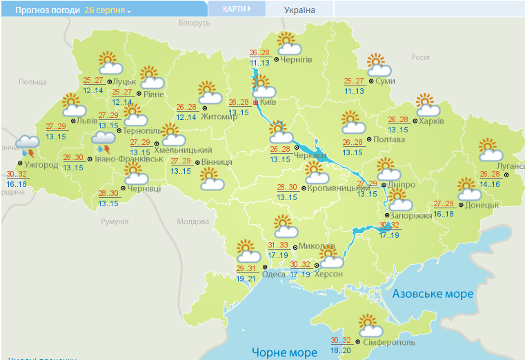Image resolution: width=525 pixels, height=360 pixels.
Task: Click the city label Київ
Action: (x=269, y=102)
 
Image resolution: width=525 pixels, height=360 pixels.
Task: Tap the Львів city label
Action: (x=87, y=121)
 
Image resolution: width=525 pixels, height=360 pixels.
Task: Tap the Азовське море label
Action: (x=433, y=294)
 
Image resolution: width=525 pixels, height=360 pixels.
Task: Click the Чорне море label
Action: (x=284, y=352)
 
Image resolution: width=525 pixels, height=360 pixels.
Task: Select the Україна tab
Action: (x=299, y=10)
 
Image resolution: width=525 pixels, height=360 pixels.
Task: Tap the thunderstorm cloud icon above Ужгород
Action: (x=28, y=146)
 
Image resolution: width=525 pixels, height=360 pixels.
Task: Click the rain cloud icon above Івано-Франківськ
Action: (x=104, y=142)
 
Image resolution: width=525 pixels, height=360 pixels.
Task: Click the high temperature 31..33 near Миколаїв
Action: (x=277, y=245)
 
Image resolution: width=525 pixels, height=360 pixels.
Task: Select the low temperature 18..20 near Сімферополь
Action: (x=341, y=350)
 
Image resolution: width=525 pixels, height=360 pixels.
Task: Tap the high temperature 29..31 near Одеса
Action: (x=246, y=268)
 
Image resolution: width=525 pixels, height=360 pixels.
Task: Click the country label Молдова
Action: (x=192, y=221)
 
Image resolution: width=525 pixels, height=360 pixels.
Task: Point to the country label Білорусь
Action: (x=193, y=23)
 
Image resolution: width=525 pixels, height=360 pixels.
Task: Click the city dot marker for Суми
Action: (x=371, y=81)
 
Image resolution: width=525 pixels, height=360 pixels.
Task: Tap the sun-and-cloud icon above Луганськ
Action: (x=489, y=150)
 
